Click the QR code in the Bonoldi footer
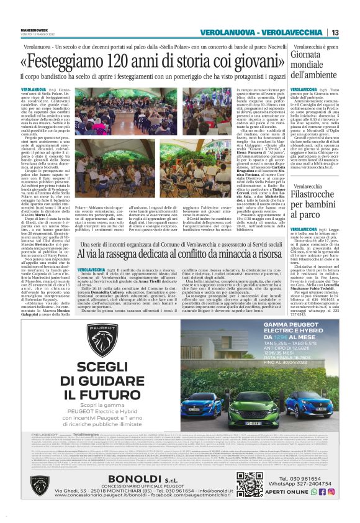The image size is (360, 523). coord(250,484)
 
